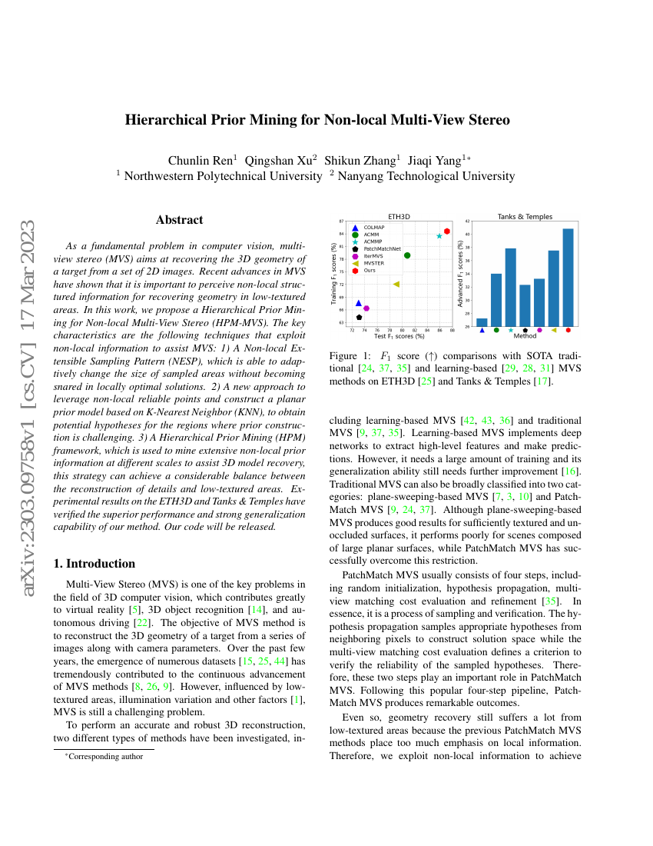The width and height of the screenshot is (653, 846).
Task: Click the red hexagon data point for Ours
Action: tap(447, 231)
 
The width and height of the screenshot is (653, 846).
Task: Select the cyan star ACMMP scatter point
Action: tap(439, 235)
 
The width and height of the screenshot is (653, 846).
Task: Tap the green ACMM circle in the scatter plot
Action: tap(407, 255)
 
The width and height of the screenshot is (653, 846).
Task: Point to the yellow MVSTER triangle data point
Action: tap(396, 284)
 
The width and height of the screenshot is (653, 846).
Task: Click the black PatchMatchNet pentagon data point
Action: tap(359, 317)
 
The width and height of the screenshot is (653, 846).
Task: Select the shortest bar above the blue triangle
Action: tap(482, 321)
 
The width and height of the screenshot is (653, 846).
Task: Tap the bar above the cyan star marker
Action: tap(510, 287)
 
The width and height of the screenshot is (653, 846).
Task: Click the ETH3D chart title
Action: tap(398, 217)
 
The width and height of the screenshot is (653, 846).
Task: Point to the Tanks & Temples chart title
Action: tap(525, 217)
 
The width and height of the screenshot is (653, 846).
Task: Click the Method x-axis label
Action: tap(525, 336)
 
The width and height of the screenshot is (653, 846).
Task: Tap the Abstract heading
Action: tap(180, 220)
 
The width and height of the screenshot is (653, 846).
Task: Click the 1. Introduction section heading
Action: tap(94, 564)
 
